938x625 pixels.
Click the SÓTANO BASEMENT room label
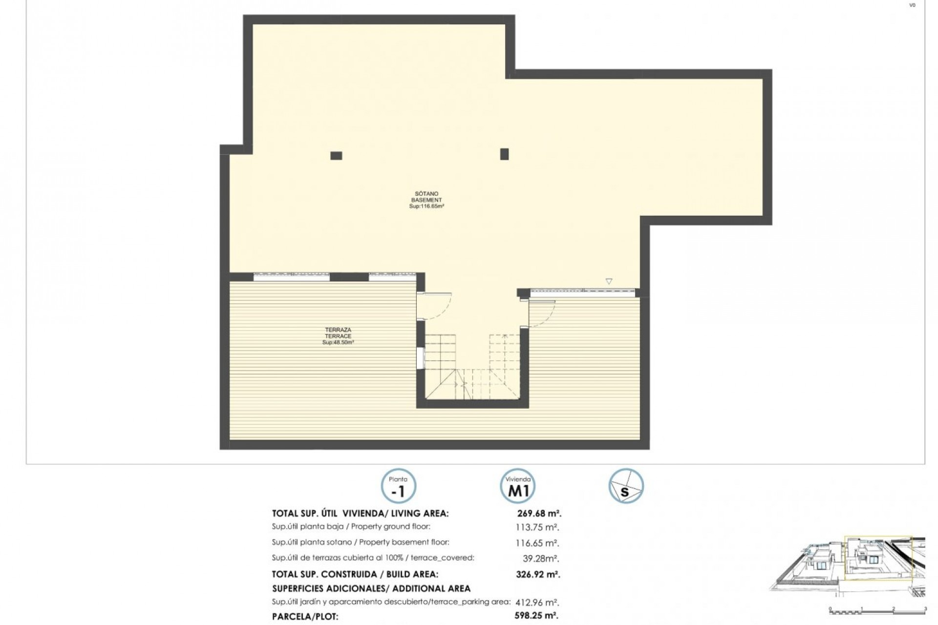pos(426,200)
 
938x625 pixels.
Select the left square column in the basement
pos(336,156)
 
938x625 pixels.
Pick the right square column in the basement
pos(504,154)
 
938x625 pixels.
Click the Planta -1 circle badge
pos(398,486)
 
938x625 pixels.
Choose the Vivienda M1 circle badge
pos(518,486)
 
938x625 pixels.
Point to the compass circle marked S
pos(626,486)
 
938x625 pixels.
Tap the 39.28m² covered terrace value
pos(541,559)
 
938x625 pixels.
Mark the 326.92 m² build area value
pos(538,574)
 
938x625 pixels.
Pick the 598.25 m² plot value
pos(537,616)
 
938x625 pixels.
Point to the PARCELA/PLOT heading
pos(305,617)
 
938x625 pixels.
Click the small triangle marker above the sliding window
pos(609,281)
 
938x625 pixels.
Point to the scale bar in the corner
pos(877,610)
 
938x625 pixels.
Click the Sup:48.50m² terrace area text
pos(338,343)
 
